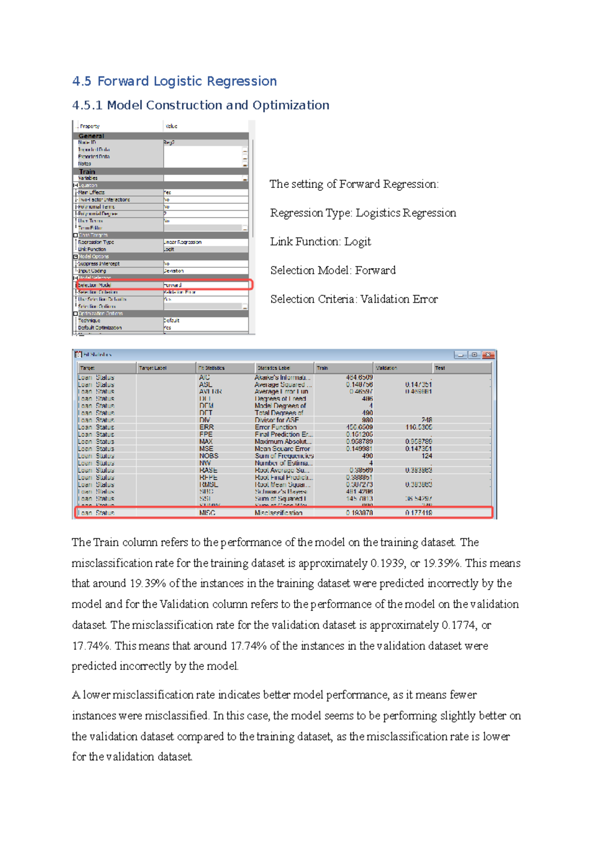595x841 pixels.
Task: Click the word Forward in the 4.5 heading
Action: tap(123, 81)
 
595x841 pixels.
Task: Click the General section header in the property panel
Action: tap(91, 136)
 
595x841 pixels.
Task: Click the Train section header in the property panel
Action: tap(87, 172)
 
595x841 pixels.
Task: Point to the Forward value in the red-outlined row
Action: tap(173, 285)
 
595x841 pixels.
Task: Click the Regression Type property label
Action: tap(96, 242)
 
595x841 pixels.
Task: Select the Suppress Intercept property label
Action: tap(99, 264)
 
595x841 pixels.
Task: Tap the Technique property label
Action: tap(89, 321)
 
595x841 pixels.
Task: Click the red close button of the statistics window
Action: tap(488, 355)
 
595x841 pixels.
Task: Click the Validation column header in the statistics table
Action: tap(387, 368)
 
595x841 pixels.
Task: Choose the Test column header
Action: tap(440, 368)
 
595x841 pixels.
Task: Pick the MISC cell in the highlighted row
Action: tap(207, 513)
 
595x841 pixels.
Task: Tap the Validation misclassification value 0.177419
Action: tap(418, 513)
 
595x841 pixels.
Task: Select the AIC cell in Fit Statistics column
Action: tap(204, 377)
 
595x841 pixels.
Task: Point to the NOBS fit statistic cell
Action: tap(209, 456)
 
